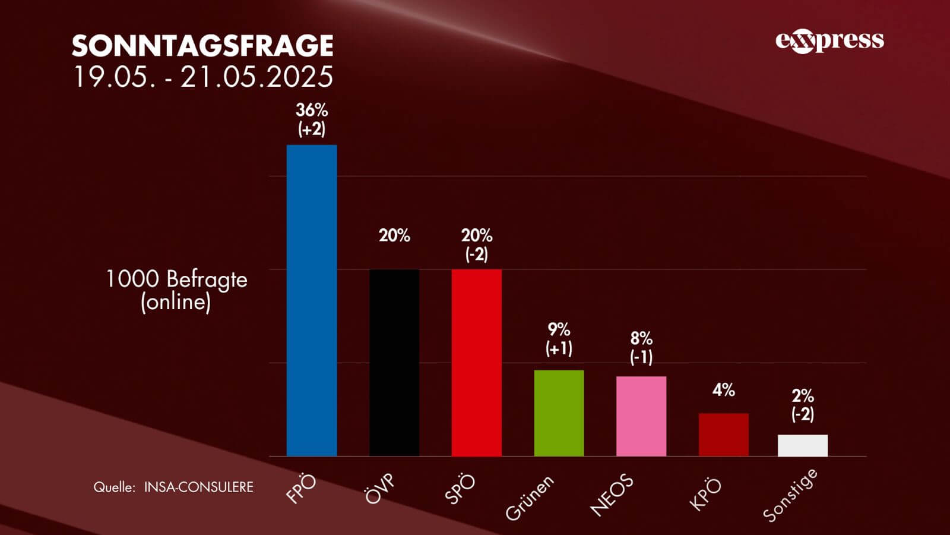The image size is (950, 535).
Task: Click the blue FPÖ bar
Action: click(312, 300)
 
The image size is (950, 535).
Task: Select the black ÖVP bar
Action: click(394, 363)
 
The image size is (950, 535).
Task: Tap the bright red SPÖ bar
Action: click(476, 363)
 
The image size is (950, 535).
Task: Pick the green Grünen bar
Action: click(559, 413)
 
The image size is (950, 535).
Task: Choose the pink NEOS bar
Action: click(641, 416)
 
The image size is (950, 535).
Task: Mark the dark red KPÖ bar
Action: click(723, 435)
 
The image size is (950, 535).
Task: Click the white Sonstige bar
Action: click(803, 445)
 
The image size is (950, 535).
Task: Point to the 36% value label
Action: click(312, 110)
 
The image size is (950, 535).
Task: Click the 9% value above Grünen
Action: click(559, 329)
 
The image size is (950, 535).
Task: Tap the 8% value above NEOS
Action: click(641, 338)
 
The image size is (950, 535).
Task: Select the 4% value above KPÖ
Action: click(723, 390)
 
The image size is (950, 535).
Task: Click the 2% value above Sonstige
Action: click(803, 396)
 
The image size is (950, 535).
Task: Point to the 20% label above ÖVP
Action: click(394, 235)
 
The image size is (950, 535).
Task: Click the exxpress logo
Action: click(829, 40)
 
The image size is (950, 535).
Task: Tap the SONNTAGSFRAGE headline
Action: click(202, 45)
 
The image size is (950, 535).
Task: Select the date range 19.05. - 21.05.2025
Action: click(202, 77)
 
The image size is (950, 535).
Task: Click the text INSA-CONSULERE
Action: click(198, 487)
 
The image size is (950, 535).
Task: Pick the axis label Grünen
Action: click(530, 498)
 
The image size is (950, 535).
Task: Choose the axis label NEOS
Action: click(612, 495)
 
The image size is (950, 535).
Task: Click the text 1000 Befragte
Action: click(176, 279)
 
